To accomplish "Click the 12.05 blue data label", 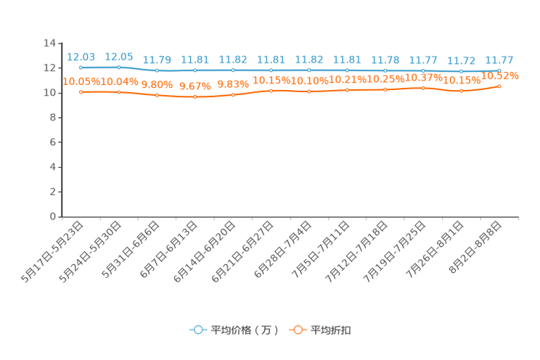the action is (x=119, y=57).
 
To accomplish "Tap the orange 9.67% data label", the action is (x=195, y=86).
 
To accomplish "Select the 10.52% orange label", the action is (x=499, y=75).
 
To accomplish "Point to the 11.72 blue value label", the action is (x=461, y=61).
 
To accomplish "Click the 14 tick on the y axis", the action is (x=49, y=43).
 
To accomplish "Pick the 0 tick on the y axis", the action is (x=53, y=217).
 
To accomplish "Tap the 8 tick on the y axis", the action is (x=53, y=118).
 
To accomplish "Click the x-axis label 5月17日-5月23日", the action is (x=52, y=252).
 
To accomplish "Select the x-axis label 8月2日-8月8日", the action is (x=475, y=247).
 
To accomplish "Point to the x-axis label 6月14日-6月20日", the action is (x=204, y=252).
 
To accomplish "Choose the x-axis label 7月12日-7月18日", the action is (x=356, y=252).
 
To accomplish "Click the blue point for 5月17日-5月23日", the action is (x=81, y=67).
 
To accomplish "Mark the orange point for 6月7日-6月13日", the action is (x=195, y=97).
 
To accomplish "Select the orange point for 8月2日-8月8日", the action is (x=499, y=86).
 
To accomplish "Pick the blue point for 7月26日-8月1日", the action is (x=461, y=71).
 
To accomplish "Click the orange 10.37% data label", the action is (x=424, y=78).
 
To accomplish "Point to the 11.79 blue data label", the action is (x=157, y=60).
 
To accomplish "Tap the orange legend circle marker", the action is (x=298, y=330).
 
